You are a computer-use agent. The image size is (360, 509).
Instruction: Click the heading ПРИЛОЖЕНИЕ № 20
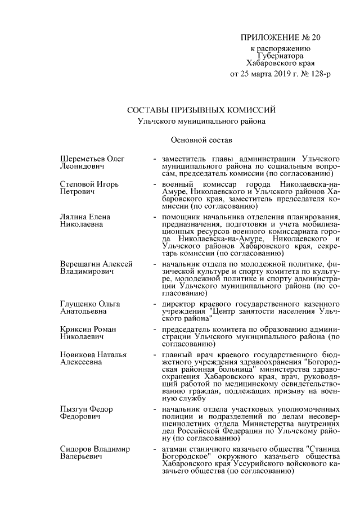280,38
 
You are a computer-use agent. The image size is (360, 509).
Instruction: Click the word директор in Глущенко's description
179,305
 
